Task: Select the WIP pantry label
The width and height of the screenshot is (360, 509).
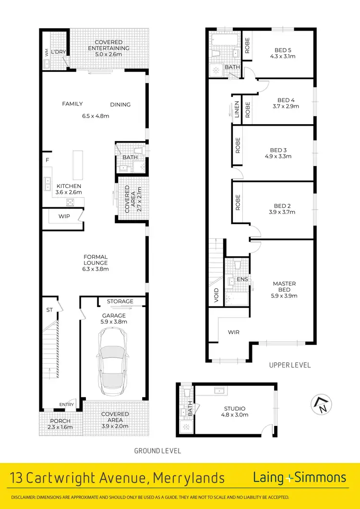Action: point(64,216)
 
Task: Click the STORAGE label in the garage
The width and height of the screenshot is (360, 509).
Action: point(120,301)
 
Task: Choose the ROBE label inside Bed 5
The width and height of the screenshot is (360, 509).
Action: point(247,46)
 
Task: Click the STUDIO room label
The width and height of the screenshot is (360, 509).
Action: point(235,409)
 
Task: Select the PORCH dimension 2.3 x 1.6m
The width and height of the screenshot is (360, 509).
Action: point(60,427)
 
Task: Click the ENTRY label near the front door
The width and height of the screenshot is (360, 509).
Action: point(67,404)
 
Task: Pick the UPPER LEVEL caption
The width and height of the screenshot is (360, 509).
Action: point(290,365)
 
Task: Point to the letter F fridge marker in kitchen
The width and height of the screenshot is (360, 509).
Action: point(47,160)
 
